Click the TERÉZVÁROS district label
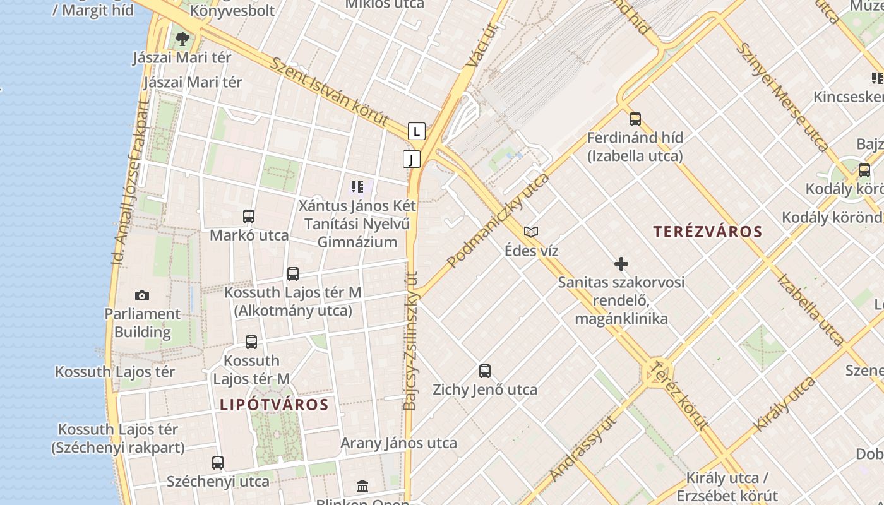click(708, 232)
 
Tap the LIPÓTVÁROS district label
click(274, 405)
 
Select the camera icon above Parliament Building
click(142, 295)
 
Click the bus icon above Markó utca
click(249, 217)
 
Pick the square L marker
click(416, 131)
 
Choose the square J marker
click(411, 159)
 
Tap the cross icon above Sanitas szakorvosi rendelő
click(621, 263)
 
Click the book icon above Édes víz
click(531, 232)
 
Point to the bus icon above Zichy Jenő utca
click(485, 371)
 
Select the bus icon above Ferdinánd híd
click(635, 119)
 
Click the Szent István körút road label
click(328, 92)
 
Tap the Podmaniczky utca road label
click(498, 220)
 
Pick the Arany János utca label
click(398, 443)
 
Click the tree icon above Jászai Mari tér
click(182, 39)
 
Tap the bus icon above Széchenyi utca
click(218, 463)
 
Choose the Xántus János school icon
click(357, 187)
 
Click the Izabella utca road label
click(810, 309)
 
